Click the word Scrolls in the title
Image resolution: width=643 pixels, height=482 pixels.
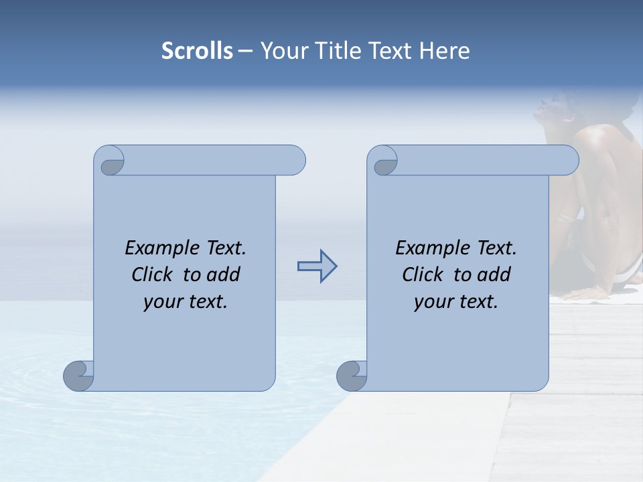(x=197, y=51)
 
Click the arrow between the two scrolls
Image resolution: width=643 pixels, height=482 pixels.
(x=317, y=266)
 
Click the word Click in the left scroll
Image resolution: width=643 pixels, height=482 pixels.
(x=152, y=274)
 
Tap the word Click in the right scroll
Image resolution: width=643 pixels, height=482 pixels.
(x=423, y=274)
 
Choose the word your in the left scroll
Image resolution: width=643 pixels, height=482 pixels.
(x=161, y=302)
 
